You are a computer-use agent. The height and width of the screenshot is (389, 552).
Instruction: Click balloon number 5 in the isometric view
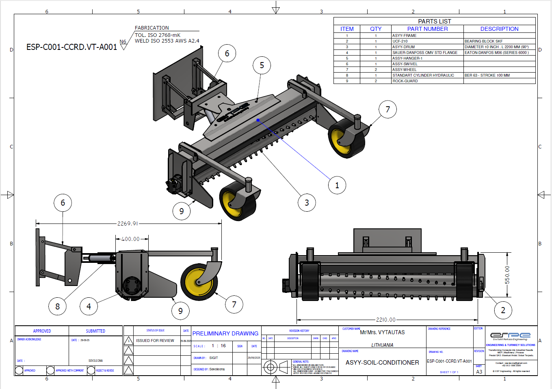tap(262, 65)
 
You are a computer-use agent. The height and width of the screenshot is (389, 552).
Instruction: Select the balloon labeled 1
tap(337, 185)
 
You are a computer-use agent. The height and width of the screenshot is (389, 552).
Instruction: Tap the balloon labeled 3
tap(307, 203)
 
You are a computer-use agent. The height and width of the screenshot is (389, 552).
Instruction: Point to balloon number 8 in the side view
tap(57, 307)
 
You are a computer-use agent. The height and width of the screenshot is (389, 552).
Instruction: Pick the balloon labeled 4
tap(89, 307)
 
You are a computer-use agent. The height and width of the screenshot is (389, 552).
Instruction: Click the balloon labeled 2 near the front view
tap(503, 310)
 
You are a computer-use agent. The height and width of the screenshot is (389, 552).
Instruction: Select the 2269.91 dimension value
tap(128, 224)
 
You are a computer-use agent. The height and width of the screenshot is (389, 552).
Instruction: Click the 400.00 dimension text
tap(130, 239)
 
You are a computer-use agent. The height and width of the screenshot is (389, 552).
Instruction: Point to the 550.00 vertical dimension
tap(507, 275)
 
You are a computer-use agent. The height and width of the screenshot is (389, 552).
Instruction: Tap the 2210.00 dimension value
tap(385, 320)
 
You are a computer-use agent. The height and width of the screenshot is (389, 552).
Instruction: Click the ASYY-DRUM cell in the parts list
tap(404, 47)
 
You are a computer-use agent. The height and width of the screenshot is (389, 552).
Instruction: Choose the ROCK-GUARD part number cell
tap(405, 81)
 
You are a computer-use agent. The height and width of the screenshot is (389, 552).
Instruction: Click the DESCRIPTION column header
tap(499, 29)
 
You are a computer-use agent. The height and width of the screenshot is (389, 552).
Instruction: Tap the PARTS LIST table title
tap(434, 21)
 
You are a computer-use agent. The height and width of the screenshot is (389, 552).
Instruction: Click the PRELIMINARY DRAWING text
tap(225, 333)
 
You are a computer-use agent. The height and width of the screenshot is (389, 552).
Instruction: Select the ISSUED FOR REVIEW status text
tap(155, 341)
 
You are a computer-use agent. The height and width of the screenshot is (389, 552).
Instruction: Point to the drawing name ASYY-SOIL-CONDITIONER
tap(382, 363)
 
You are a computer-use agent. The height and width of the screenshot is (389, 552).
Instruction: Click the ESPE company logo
tap(510, 335)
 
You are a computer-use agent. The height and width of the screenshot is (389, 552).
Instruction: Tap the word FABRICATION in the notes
tap(152, 28)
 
